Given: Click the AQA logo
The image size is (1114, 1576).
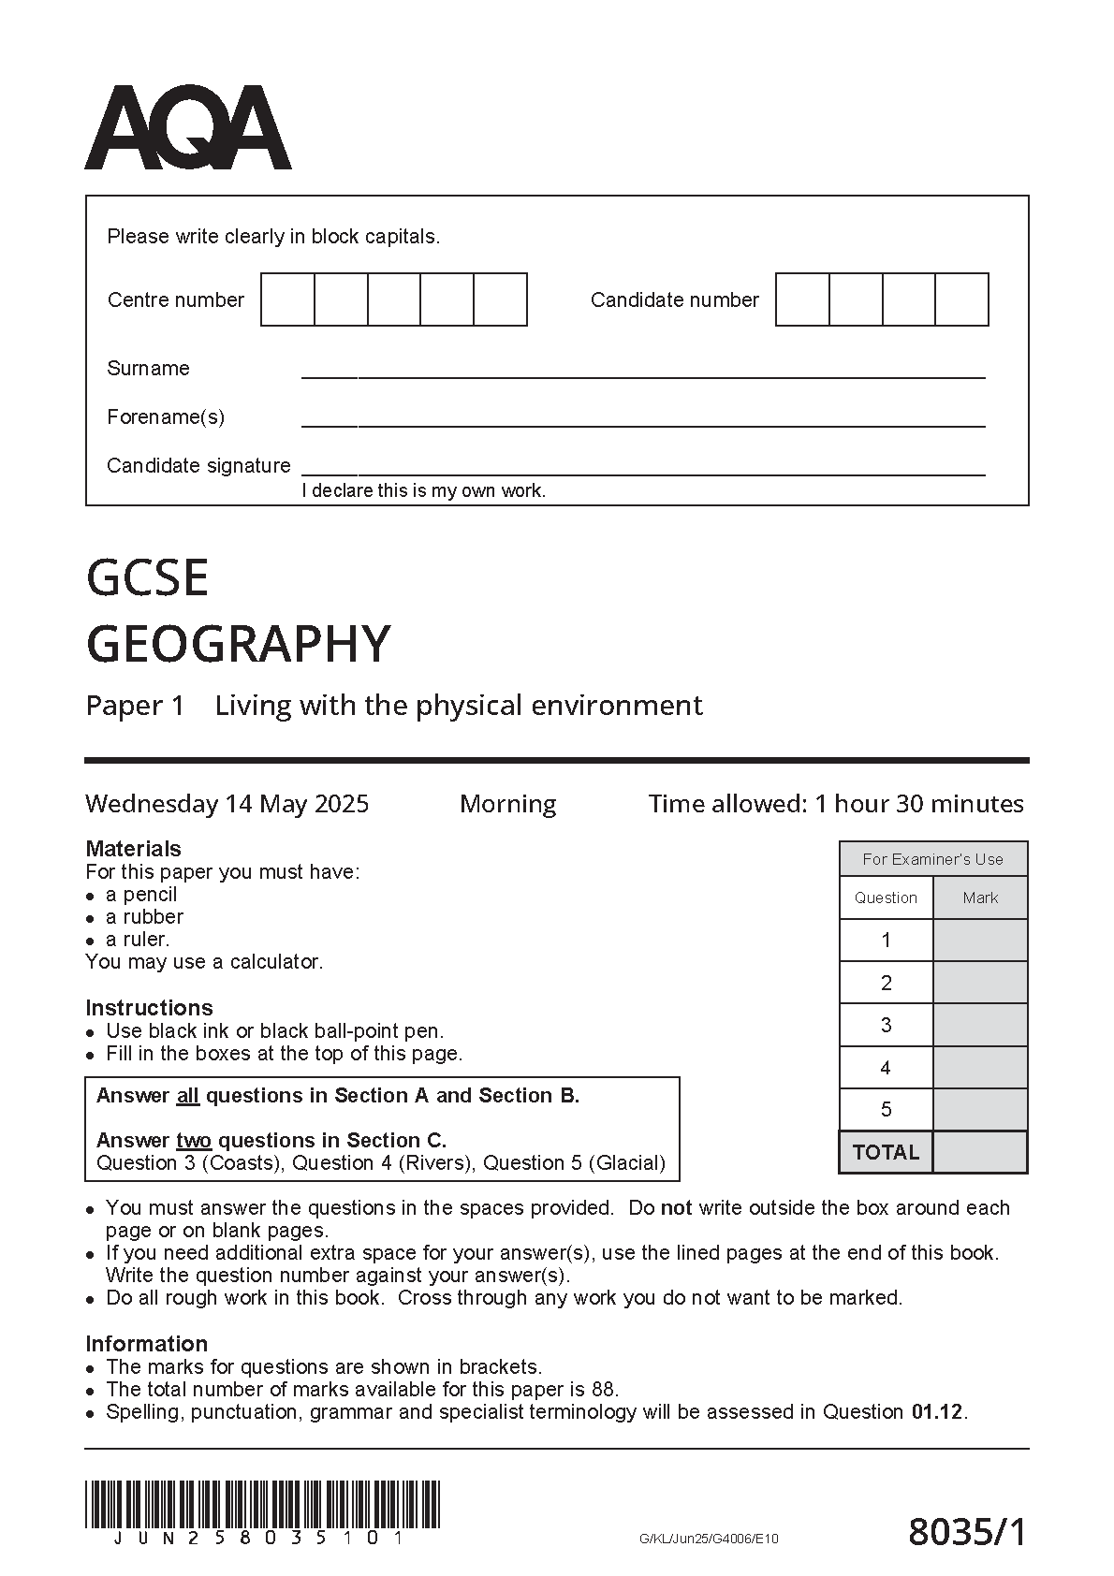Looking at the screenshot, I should pos(187,128).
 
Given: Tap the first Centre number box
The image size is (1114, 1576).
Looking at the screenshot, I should pos(287,299).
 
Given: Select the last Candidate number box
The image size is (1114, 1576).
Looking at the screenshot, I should pos(961,299).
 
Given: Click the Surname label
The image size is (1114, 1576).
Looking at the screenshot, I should pos(148,369).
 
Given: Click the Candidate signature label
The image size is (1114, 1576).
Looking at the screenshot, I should pos(198,466).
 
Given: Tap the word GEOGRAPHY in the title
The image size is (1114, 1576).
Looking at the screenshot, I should pos(238,644).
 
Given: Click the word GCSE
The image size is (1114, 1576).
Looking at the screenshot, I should pos(147,577).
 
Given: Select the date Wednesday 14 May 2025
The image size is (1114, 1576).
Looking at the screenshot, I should pos(227,804).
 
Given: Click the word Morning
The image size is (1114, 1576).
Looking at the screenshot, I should pos(507,804).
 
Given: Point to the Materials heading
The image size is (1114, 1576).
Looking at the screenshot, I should pos(133,849).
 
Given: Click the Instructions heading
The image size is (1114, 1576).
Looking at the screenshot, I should pos(149,1008).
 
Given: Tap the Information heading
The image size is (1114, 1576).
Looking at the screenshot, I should pos(146,1344).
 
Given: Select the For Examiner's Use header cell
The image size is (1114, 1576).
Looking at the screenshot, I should pos(932,859).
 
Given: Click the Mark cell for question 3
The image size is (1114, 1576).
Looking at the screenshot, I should pos(980,1026).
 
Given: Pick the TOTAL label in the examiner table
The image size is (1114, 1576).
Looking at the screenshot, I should pos(886,1152).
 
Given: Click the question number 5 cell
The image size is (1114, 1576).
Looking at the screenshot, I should pos(886,1110).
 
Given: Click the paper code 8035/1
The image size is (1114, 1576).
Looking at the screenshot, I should pos(967,1532).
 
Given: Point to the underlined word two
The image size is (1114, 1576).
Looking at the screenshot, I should pos(194,1141).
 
